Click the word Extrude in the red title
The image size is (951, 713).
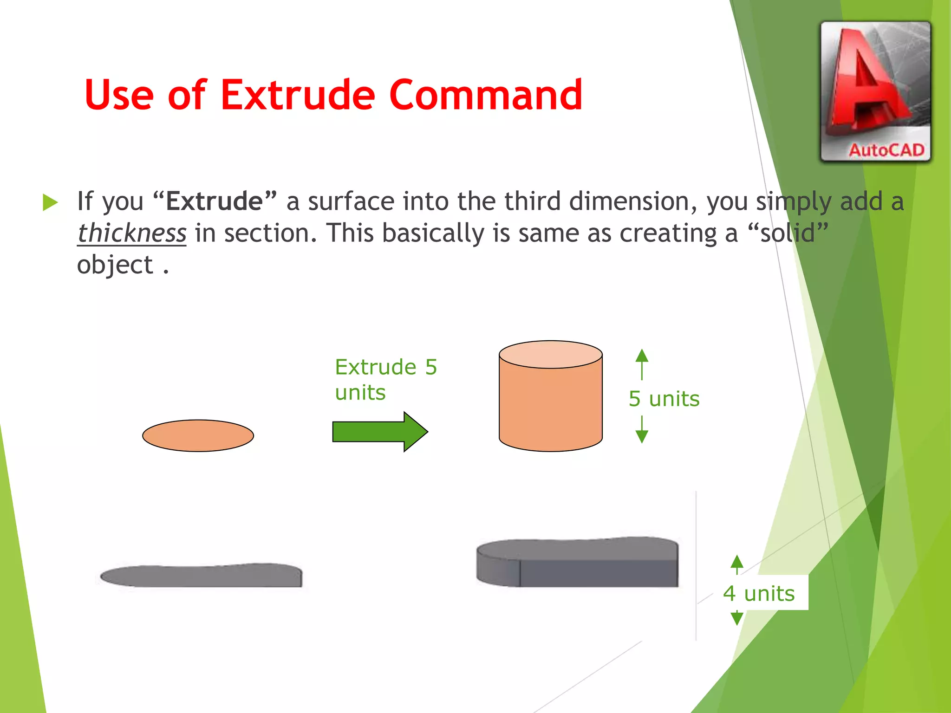pyautogui.click(x=297, y=95)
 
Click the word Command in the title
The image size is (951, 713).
pyautogui.click(x=486, y=95)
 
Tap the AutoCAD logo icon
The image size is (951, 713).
pyautogui.click(x=875, y=91)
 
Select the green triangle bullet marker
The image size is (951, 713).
pyautogui.click(x=50, y=202)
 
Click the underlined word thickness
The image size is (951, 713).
pyautogui.click(x=132, y=233)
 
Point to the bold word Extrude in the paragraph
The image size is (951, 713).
pyautogui.click(x=214, y=201)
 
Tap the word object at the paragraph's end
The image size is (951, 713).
pyautogui.click(x=115, y=265)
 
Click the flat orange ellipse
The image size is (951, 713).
pyautogui.click(x=198, y=435)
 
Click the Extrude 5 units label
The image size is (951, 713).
pyautogui.click(x=385, y=379)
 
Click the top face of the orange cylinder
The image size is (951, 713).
pyautogui.click(x=550, y=355)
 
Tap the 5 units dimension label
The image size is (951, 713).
pyautogui.click(x=664, y=399)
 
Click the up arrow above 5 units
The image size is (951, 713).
pyautogui.click(x=642, y=362)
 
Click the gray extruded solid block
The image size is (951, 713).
pyautogui.click(x=578, y=563)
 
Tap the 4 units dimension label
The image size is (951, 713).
pyautogui.click(x=759, y=593)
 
